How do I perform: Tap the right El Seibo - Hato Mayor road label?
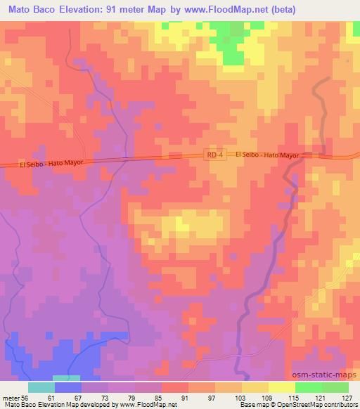pos(267,154)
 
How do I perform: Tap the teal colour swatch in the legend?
pos(41,387)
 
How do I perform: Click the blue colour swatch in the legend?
pos(68,387)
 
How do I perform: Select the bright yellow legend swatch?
pos(282,387)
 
